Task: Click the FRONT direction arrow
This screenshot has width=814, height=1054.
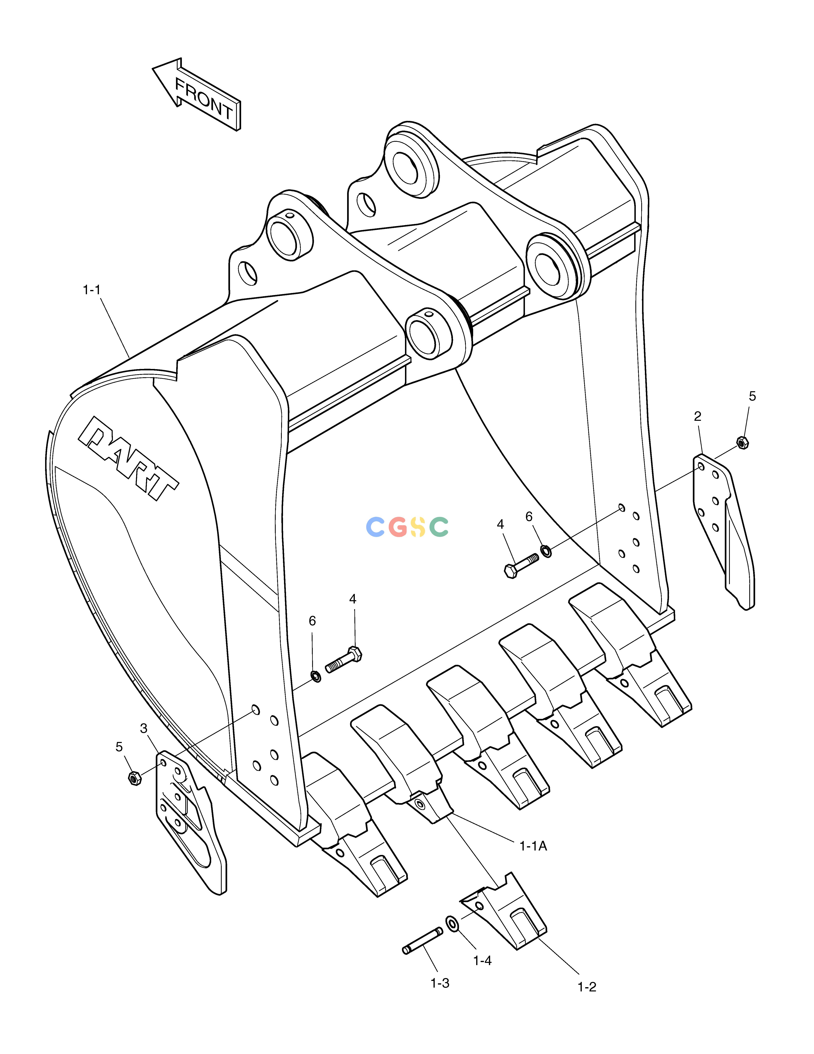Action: (x=197, y=95)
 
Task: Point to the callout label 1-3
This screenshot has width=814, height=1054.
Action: (x=440, y=983)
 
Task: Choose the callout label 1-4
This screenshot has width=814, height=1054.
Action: (x=482, y=960)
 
